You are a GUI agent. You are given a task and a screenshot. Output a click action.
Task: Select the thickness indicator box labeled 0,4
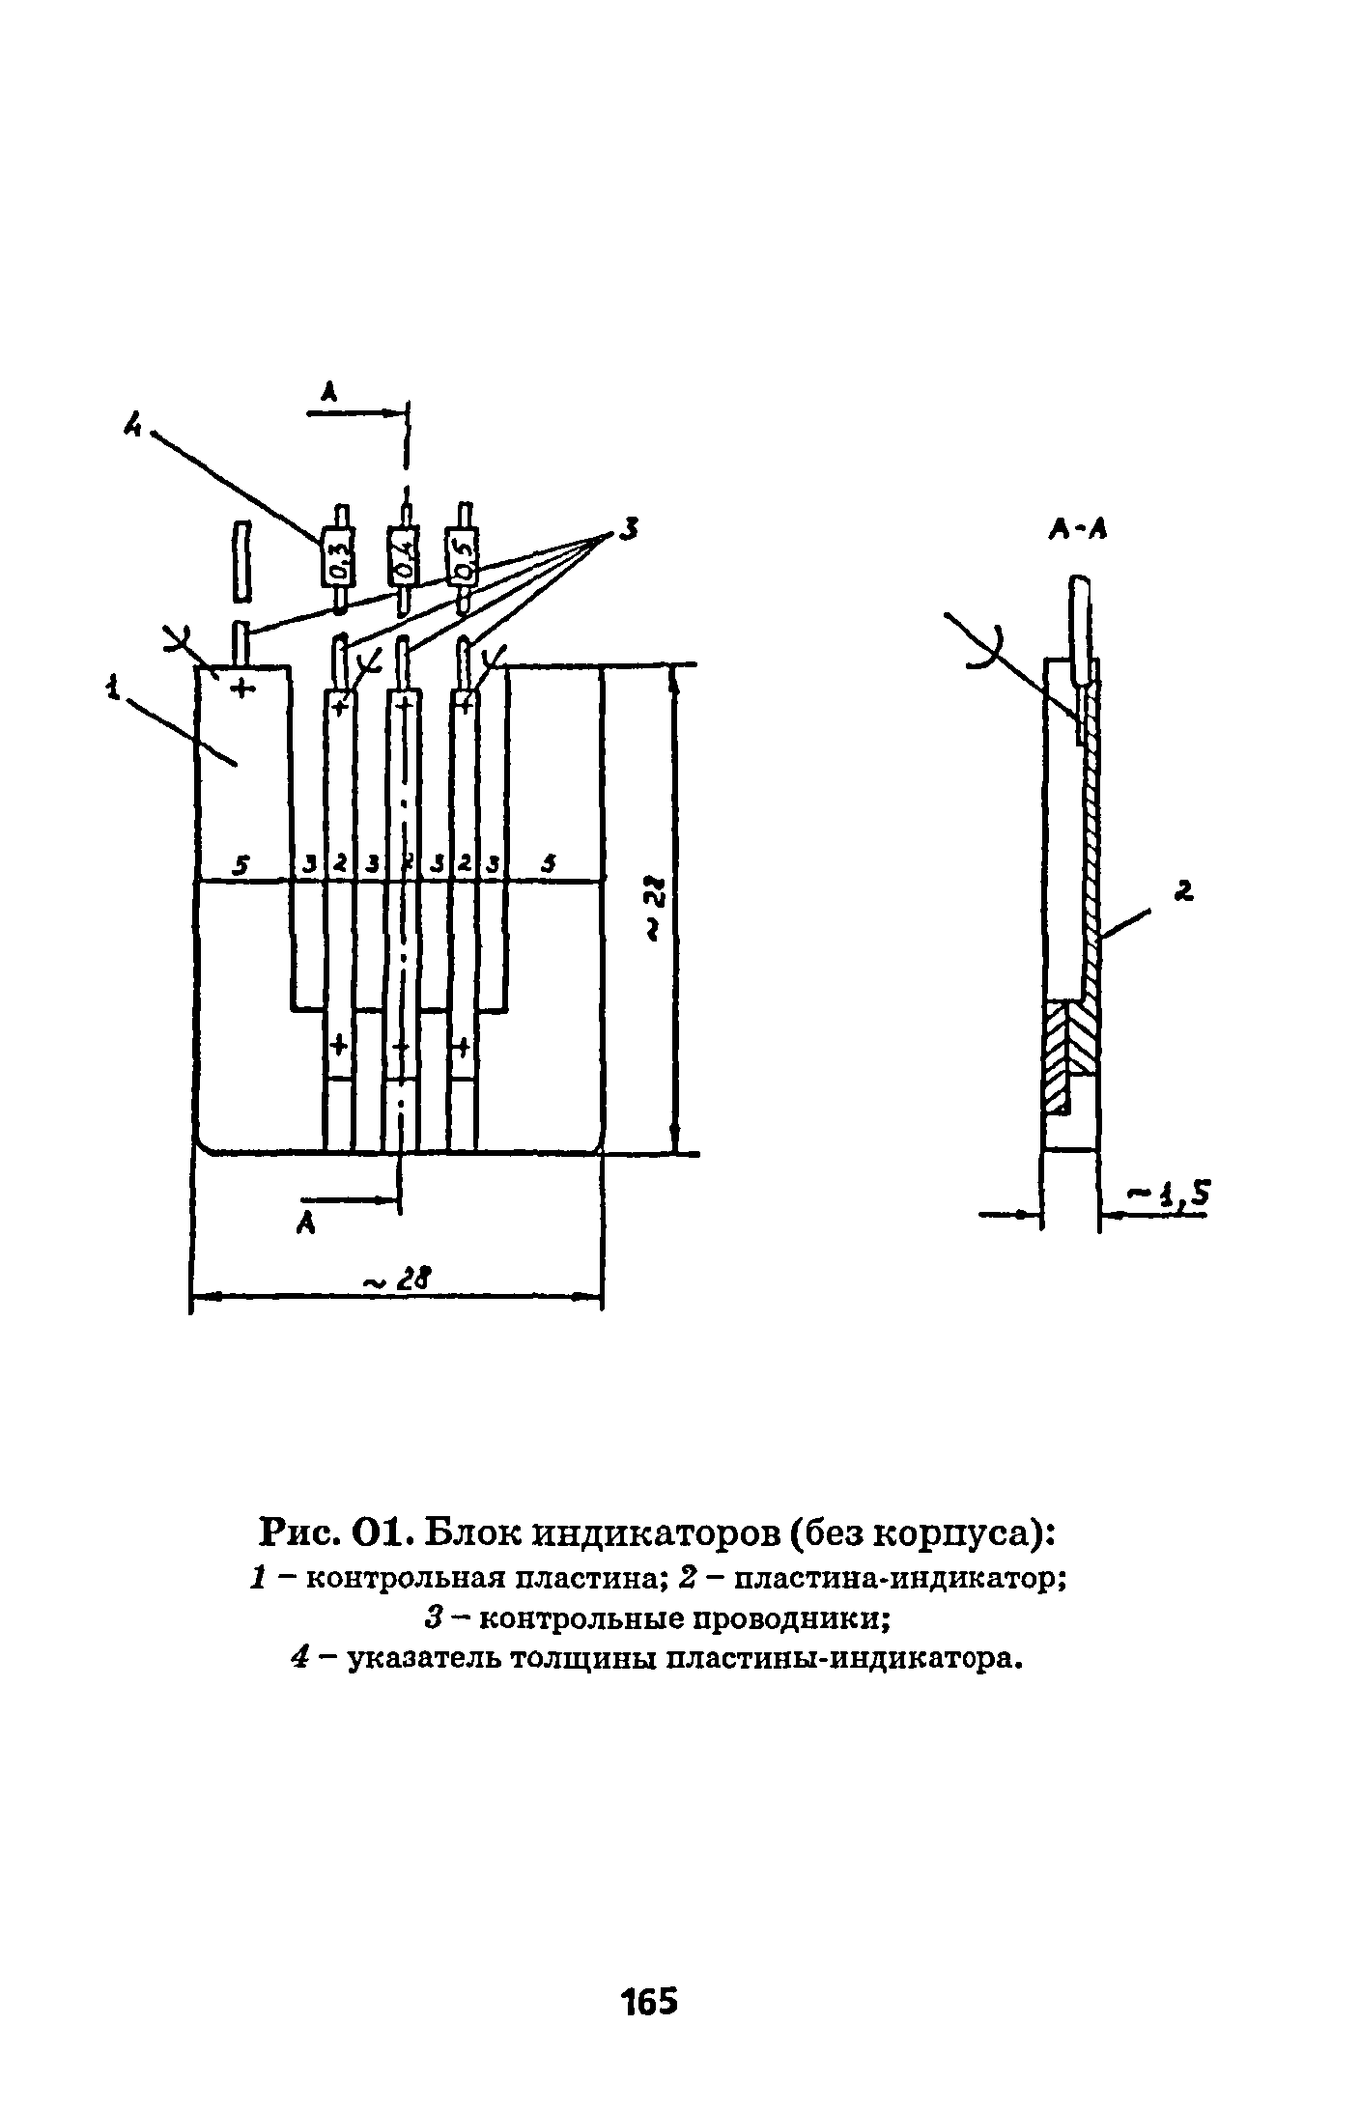404,558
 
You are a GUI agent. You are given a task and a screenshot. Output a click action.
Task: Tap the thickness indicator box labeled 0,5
464,558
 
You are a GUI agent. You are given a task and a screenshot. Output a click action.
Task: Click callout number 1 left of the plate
114,689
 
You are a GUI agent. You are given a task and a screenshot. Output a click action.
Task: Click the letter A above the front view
329,392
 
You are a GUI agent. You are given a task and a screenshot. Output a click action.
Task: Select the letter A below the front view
306,1223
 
